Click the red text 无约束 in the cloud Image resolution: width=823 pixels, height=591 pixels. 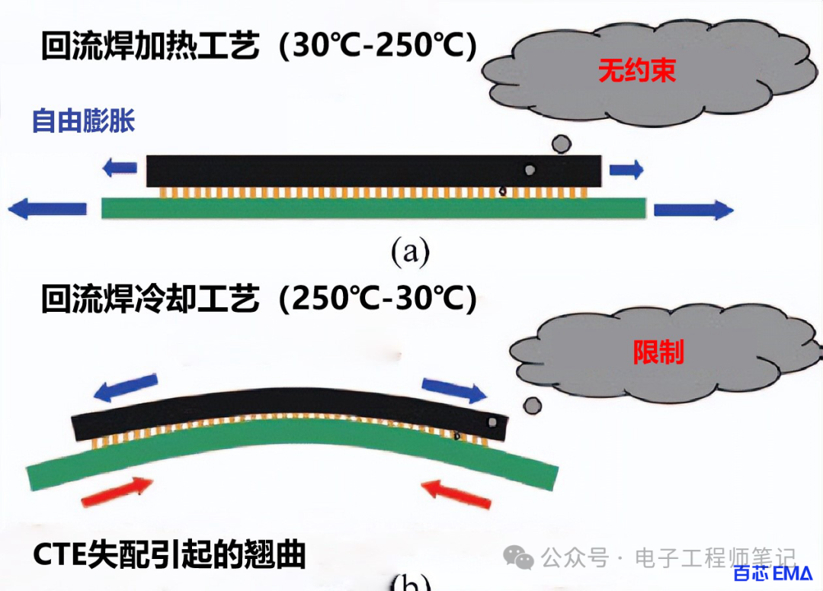[x=626, y=72]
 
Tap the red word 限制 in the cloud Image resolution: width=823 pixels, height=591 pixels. [x=658, y=352]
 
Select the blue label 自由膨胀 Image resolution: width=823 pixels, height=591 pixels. [x=83, y=120]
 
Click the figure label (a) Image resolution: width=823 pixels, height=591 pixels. [x=410, y=251]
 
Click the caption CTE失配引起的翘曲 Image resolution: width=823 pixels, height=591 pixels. [x=169, y=555]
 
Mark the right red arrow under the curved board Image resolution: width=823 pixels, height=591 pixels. [x=456, y=491]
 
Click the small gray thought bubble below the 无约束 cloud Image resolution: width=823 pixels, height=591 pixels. [x=561, y=143]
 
